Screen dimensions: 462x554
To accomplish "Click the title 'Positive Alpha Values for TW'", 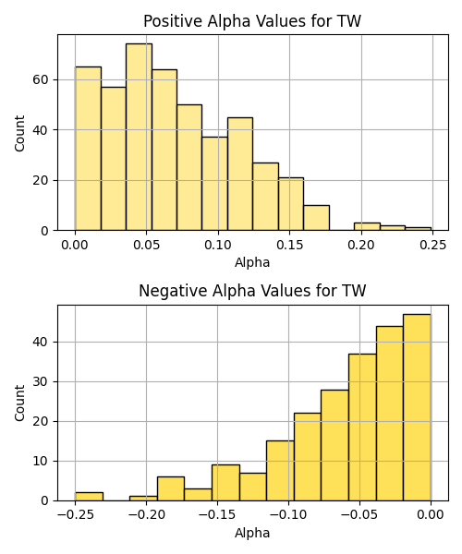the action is pyautogui.click(x=252, y=21).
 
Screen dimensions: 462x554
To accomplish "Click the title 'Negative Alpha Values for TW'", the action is pyautogui.click(x=252, y=291).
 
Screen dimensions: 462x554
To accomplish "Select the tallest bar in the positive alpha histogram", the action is pyautogui.click(x=139, y=137).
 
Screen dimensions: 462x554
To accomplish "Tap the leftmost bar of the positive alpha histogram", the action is pyautogui.click(x=88, y=149).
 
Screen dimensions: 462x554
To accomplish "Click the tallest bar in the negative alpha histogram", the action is pyautogui.click(x=417, y=407).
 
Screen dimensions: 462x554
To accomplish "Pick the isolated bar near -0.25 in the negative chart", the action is pyautogui.click(x=89, y=497).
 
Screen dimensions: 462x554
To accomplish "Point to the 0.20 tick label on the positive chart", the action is pyautogui.click(x=361, y=245).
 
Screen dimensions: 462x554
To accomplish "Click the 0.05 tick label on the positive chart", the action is pyautogui.click(x=146, y=245).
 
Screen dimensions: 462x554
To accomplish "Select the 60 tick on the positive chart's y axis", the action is pyautogui.click(x=40, y=79).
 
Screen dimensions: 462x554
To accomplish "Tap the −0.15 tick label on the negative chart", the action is pyautogui.click(x=217, y=515).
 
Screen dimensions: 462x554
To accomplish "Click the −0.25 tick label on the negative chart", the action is pyautogui.click(x=75, y=515).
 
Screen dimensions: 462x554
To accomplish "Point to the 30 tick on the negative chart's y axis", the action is pyautogui.click(x=40, y=382).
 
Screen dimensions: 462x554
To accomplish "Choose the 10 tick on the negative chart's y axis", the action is pyautogui.click(x=40, y=461).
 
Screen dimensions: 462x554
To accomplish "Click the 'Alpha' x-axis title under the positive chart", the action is pyautogui.click(x=252, y=262).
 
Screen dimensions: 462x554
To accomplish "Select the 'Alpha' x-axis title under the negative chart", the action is pyautogui.click(x=252, y=533).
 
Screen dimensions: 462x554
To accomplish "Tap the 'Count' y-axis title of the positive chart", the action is pyautogui.click(x=19, y=133).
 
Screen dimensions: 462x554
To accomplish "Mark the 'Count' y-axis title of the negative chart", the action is pyautogui.click(x=19, y=403).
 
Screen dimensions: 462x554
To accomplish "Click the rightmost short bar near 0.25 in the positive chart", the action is pyautogui.click(x=419, y=229).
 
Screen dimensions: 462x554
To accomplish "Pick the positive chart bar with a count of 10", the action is pyautogui.click(x=316, y=218).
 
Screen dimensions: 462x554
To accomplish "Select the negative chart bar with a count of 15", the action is pyautogui.click(x=280, y=471).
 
